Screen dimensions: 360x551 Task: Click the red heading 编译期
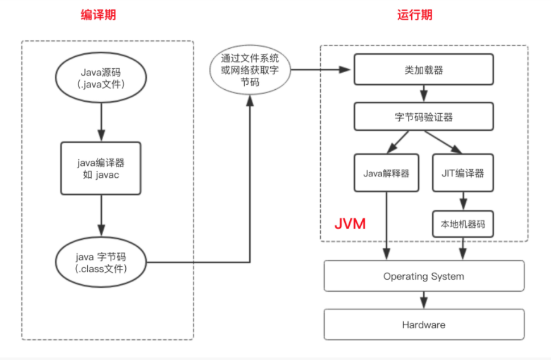click(x=98, y=15)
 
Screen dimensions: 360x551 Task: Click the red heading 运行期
click(x=415, y=15)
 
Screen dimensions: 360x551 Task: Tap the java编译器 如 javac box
click(x=101, y=168)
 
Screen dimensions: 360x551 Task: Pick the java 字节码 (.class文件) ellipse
click(x=101, y=262)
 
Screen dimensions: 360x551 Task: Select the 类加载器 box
click(x=424, y=70)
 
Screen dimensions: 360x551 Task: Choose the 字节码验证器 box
click(x=424, y=118)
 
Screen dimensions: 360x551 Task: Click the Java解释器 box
click(x=386, y=172)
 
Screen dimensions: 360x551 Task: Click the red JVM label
click(x=350, y=224)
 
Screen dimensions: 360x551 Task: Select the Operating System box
click(x=424, y=276)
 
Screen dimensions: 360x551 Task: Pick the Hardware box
click(x=424, y=325)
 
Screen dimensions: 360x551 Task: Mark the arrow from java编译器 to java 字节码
click(x=101, y=215)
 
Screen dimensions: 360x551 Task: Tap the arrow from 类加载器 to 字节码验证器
click(x=424, y=94)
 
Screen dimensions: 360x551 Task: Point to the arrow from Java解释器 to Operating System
click(x=386, y=225)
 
